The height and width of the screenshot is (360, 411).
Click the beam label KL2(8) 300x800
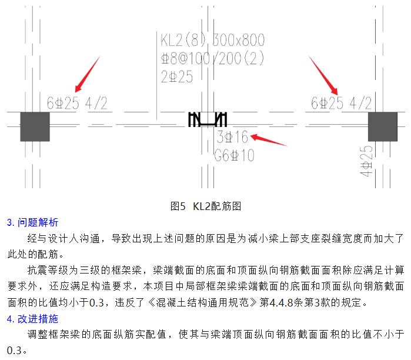tap(212, 41)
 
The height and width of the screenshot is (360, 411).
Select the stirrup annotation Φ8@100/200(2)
tap(212, 59)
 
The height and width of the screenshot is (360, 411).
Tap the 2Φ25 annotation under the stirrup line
tap(177, 76)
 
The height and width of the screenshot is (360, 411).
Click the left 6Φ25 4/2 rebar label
tap(77, 104)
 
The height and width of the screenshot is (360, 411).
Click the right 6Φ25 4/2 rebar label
tap(341, 104)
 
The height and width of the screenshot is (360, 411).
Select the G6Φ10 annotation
tap(234, 156)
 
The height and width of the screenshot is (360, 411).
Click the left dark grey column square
tap(35, 126)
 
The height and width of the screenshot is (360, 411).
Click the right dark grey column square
tap(383, 126)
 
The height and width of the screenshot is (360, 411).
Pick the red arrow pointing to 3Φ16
tap(268, 140)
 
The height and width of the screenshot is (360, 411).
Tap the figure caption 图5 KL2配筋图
tap(206, 206)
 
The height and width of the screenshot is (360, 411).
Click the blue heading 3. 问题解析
tap(32, 222)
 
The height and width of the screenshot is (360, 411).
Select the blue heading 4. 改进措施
tap(32, 319)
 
